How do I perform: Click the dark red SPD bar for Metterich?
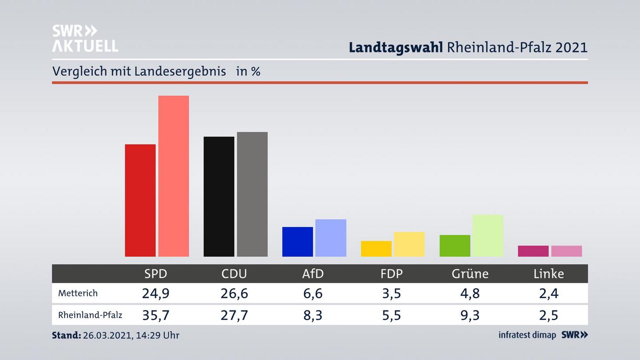(x=140, y=200)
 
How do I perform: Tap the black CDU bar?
(x=219, y=196)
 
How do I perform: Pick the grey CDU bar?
(x=252, y=194)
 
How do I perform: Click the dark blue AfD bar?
(x=297, y=242)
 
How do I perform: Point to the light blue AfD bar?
(x=331, y=238)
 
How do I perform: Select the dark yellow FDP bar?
(x=376, y=249)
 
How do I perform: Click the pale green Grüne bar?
(x=488, y=236)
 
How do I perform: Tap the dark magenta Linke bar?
(x=533, y=251)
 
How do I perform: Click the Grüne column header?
(x=470, y=274)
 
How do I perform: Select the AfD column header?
(x=313, y=274)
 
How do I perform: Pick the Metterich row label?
(x=78, y=293)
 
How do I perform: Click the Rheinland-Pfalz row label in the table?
(x=90, y=315)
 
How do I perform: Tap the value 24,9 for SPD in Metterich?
(x=156, y=293)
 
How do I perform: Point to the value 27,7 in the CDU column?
(x=234, y=315)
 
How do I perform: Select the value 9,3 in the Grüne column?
(x=470, y=315)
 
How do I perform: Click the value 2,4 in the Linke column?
(x=548, y=293)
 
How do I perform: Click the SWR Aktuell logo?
(x=85, y=39)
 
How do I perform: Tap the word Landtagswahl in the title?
(x=396, y=48)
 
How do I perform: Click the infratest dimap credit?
(x=527, y=335)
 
